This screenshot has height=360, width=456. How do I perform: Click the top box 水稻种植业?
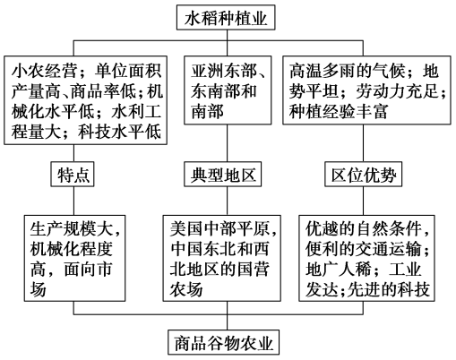coord(226,17)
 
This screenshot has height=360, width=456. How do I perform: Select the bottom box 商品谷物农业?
coord(223,342)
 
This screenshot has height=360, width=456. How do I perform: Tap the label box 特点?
coord(73,175)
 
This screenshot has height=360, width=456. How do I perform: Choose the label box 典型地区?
coord(223,175)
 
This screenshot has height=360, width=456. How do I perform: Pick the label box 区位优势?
coord(364,175)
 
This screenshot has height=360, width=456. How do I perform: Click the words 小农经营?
coord(45,71)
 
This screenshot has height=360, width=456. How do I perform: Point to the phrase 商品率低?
coord(103,90)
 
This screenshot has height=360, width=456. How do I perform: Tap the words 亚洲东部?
coord(224,71)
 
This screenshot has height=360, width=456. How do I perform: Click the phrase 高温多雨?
coord(322,71)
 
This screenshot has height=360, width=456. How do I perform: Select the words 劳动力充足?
coord(397,90)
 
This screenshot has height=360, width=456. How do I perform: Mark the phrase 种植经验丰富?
coord(339,111)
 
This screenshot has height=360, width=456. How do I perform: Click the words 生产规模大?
coord(71,229)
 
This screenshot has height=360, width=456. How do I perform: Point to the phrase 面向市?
coord(88,270)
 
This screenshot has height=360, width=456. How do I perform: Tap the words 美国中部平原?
coord(219,229)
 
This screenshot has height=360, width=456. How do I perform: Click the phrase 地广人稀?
coord(339,270)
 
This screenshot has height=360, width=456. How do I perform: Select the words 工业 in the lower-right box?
coord(405,270)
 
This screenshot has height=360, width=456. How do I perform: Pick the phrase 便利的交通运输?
coord(363,249)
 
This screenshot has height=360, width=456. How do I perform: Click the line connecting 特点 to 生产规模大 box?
coord(73,201)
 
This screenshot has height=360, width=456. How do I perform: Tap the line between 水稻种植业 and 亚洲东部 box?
coord(228,43)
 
